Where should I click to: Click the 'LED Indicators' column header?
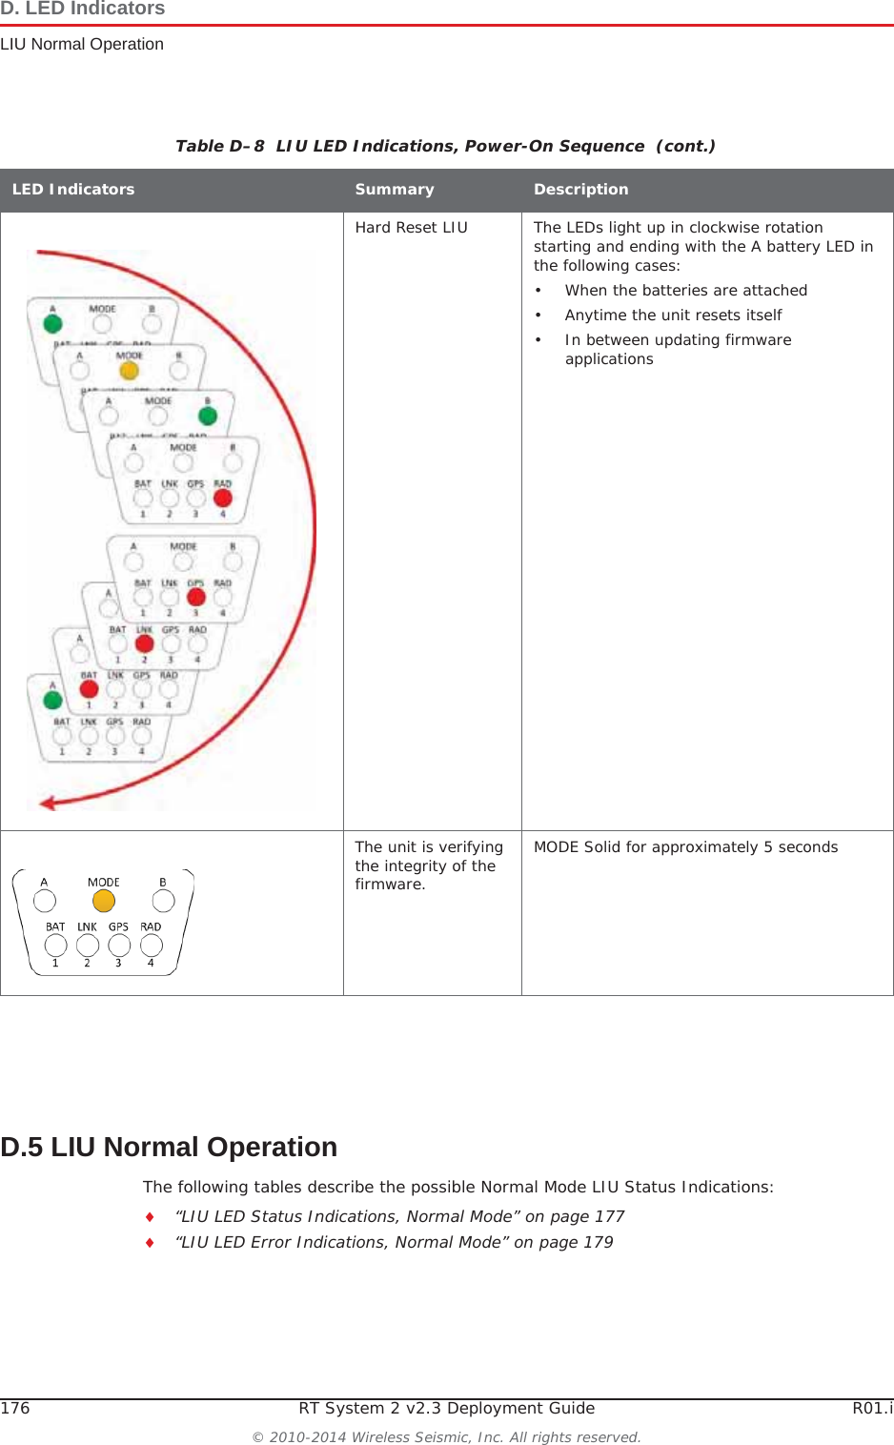click(x=73, y=190)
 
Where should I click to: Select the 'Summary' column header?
click(x=394, y=190)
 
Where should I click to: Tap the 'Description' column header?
click(x=580, y=190)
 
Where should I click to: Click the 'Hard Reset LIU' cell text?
click(x=411, y=228)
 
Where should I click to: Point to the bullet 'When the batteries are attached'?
click(x=685, y=291)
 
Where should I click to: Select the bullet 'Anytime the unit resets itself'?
click(x=673, y=315)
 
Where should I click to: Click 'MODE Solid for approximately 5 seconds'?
click(x=685, y=847)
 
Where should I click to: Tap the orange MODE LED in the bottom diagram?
click(x=104, y=901)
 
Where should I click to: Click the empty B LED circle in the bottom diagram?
click(x=163, y=901)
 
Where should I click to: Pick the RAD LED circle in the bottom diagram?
click(x=151, y=945)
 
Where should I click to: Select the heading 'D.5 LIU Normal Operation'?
click(x=169, y=1147)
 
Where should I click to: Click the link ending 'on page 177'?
click(x=399, y=1217)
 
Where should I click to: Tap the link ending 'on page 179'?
click(x=394, y=1243)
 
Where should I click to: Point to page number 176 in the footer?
click(x=15, y=1409)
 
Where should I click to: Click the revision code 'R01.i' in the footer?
click(x=872, y=1409)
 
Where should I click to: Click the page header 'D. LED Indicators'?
click(x=83, y=10)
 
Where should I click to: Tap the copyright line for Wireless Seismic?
click(x=446, y=1437)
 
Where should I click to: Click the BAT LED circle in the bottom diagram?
click(x=56, y=945)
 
